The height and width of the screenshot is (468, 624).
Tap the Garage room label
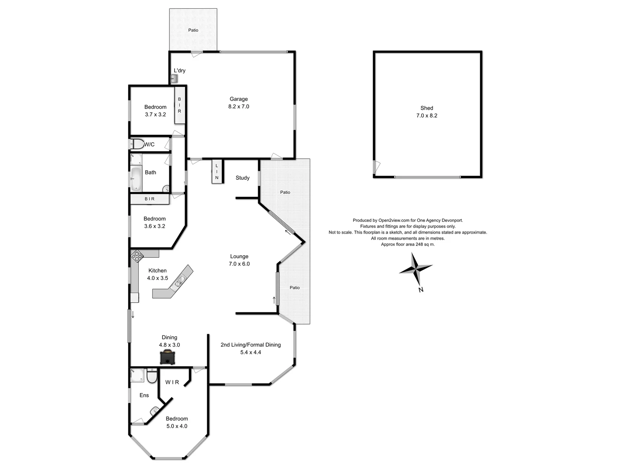239,99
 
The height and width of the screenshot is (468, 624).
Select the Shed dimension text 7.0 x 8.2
427,116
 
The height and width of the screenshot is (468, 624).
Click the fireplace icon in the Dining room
167,357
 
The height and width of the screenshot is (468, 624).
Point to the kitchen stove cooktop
137,256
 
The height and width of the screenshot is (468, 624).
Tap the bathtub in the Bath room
136,179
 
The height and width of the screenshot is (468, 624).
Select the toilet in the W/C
138,144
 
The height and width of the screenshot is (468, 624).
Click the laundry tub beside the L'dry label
174,79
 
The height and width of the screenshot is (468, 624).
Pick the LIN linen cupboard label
217,172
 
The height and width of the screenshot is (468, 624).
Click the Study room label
243,178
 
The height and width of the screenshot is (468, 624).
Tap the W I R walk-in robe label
172,382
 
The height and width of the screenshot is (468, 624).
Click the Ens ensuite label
144,395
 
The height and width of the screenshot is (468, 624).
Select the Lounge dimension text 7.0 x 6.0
239,264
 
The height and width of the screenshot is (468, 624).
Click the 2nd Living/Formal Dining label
250,345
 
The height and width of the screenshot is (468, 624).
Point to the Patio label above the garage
193,30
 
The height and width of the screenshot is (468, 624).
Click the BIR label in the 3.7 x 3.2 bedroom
179,105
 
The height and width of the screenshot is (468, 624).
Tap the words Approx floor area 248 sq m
408,244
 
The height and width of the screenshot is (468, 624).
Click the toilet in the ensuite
152,376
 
